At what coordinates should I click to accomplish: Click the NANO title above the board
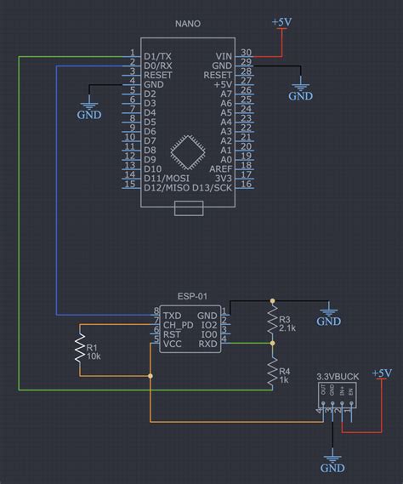(187, 23)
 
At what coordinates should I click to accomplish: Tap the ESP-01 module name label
(191, 297)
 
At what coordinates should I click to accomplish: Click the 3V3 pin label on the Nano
(223, 178)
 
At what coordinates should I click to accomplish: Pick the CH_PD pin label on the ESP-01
(178, 324)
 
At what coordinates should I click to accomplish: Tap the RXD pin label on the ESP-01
(207, 344)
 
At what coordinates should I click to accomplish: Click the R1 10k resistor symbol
(80, 350)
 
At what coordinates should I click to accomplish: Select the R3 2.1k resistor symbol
(272, 321)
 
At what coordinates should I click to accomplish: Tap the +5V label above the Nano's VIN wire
(282, 22)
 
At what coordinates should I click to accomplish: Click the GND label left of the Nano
(89, 114)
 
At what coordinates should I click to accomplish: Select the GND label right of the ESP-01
(329, 322)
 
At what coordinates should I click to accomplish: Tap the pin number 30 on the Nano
(246, 53)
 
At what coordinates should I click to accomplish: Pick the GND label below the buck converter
(332, 468)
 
